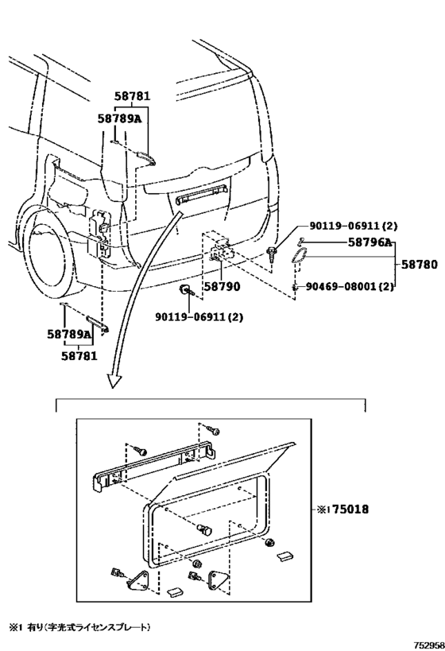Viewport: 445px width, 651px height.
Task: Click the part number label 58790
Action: click(x=222, y=286)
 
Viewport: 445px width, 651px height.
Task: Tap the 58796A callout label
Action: click(x=370, y=242)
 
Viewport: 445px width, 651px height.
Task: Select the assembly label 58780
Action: click(x=419, y=265)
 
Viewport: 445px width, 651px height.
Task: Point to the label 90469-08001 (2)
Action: click(x=350, y=286)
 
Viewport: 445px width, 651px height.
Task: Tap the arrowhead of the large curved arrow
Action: click(x=115, y=380)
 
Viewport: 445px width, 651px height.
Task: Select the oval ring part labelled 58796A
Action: click(x=299, y=254)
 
